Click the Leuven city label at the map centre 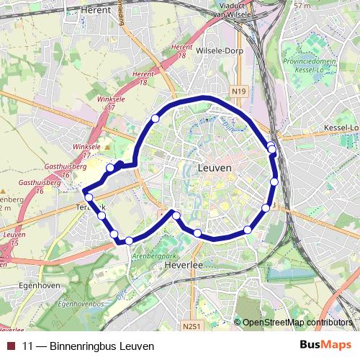click(214, 167)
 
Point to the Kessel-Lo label click(342, 128)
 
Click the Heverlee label click(202, 266)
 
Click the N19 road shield click(239, 91)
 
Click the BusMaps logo click(326, 345)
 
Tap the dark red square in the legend click(10, 346)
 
